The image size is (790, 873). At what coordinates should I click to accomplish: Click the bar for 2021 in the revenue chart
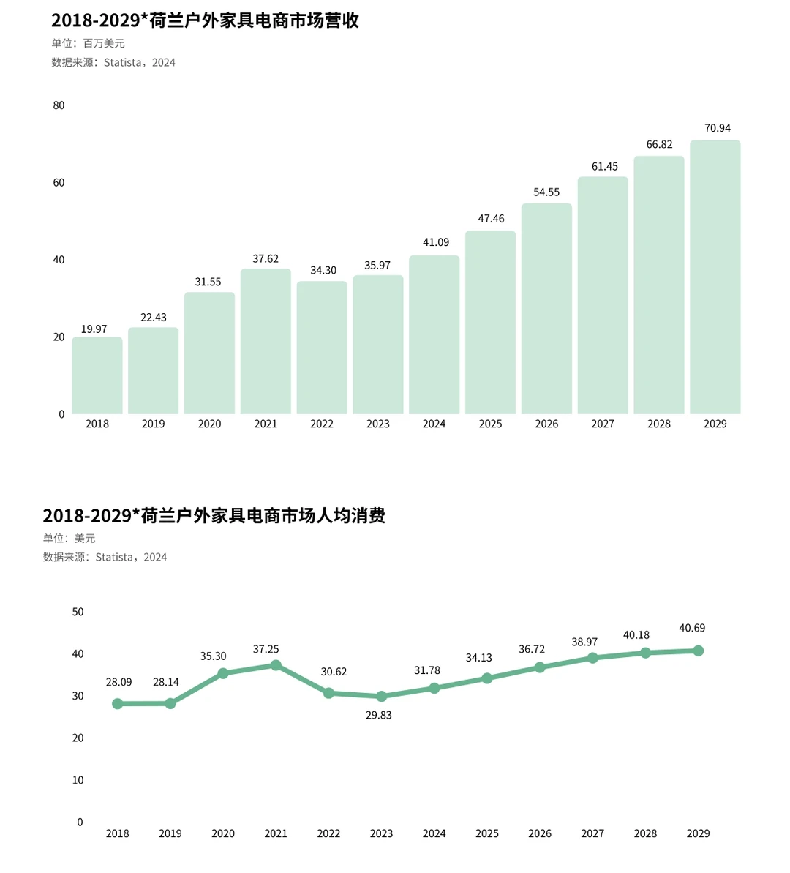coord(266,342)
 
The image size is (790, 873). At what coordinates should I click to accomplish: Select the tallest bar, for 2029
coord(715,277)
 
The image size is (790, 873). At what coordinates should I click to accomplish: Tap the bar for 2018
coord(97,375)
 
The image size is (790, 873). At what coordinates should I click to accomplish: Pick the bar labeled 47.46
coord(490,323)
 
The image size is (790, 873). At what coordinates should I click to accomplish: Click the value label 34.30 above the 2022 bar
coord(323,271)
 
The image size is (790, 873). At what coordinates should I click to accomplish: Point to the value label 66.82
coord(659,145)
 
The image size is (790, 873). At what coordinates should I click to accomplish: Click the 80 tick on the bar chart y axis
coord(59,105)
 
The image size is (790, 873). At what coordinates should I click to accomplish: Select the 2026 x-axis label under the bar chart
coord(546,424)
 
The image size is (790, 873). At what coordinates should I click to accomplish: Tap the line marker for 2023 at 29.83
coord(381,697)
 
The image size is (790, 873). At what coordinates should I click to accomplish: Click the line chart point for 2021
coord(276,665)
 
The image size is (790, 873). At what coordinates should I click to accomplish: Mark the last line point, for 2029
coord(699,651)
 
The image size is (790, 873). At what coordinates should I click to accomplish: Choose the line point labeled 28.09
coord(118,703)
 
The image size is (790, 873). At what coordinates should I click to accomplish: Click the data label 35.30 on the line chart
coord(214,656)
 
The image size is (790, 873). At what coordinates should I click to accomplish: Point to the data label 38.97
coord(584,642)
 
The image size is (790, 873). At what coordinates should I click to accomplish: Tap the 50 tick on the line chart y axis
coord(78,612)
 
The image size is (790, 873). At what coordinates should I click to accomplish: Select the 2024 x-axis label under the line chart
coord(434,833)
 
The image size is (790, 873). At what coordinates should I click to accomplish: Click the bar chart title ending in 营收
coord(205,20)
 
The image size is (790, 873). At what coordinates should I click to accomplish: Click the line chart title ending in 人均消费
coord(214,515)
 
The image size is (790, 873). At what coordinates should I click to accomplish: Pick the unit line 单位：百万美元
coord(88,44)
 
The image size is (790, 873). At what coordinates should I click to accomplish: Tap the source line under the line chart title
coord(105,557)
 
